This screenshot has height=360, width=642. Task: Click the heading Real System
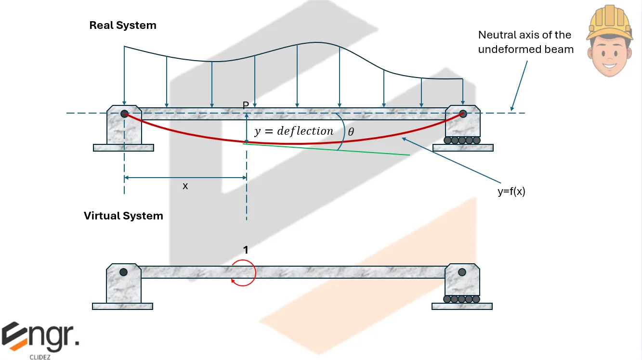coord(123,26)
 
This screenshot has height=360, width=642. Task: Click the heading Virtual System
coord(123,216)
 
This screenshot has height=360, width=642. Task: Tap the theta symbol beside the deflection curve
coord(351,131)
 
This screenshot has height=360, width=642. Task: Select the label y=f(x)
coord(511,191)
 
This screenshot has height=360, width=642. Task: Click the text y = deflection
coord(294,131)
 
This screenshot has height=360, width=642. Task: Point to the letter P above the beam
coord(246,105)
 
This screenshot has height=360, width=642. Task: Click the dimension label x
coord(185,186)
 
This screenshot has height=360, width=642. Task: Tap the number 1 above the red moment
coord(246,250)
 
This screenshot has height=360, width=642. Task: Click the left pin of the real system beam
coord(124,114)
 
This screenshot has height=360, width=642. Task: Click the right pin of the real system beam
coord(463,114)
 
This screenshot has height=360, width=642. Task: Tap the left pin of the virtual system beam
coord(124,272)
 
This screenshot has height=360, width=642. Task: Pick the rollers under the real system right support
coord(462,141)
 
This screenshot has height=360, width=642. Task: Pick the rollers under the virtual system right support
coord(462,299)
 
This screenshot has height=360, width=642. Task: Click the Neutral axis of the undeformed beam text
coord(525,42)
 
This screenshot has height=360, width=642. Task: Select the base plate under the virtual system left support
coord(122,306)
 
